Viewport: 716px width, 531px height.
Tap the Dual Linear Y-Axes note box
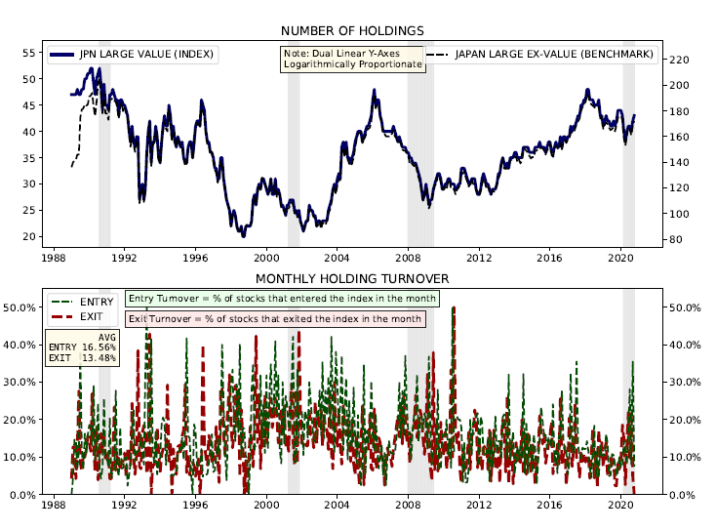(x=352, y=59)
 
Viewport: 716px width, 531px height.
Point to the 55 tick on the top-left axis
(x=29, y=53)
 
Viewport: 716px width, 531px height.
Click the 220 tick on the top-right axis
(x=681, y=60)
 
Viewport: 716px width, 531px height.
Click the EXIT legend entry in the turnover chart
(x=91, y=317)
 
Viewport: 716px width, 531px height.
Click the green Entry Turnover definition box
(x=283, y=298)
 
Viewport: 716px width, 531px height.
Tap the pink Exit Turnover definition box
(x=276, y=318)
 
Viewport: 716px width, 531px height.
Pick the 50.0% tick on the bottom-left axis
(x=22, y=307)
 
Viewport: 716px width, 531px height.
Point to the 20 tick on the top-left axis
(x=29, y=236)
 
